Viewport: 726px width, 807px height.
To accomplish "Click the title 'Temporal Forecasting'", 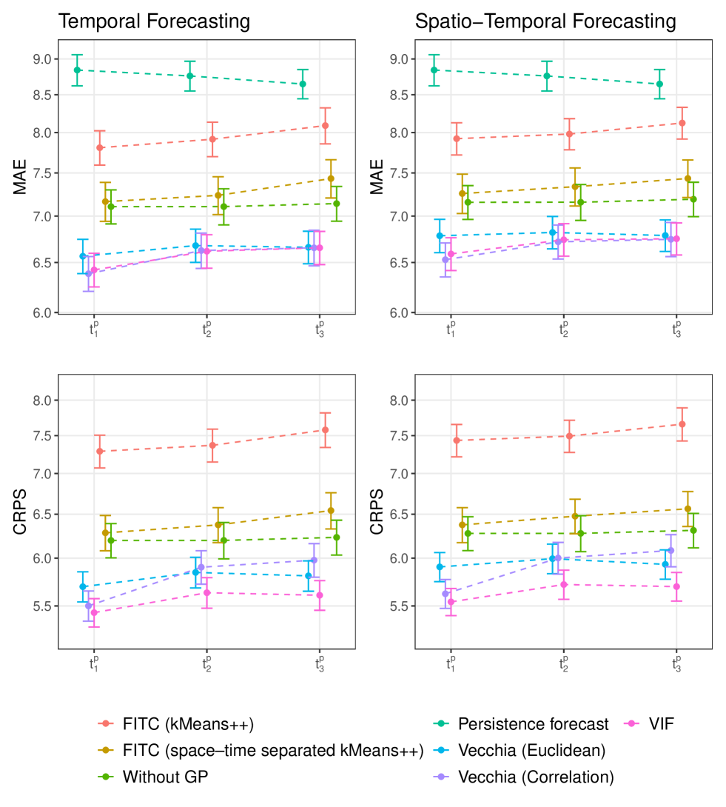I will click(154, 22).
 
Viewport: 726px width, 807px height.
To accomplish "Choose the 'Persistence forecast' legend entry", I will click(533, 723).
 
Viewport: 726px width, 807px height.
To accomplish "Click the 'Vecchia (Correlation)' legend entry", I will click(536, 777).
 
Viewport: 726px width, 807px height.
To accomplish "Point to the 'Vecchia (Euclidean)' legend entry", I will click(531, 750).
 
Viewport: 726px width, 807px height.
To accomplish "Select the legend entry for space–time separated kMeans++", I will click(273, 750).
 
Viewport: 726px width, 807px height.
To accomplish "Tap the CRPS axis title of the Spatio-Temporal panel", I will click(377, 511).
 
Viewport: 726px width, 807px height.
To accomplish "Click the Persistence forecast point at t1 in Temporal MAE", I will click(77, 70).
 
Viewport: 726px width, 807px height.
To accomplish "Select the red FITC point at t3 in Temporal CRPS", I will click(325, 429).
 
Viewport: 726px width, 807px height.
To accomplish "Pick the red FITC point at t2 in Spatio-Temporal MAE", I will click(569, 134).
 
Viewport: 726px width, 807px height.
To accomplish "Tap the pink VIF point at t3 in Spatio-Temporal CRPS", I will click(676, 586).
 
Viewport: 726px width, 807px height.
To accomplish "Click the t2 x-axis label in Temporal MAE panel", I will click(207, 330).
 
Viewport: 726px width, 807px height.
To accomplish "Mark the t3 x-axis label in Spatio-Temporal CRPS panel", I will click(676, 663).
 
